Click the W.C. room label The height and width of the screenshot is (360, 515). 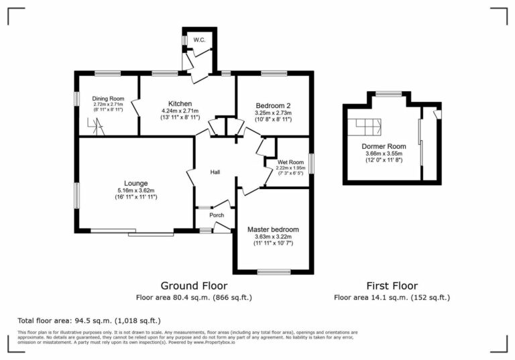click(199, 40)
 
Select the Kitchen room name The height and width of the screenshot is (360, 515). click(180, 103)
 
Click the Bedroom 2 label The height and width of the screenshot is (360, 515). click(273, 106)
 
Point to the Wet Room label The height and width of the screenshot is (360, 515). click(291, 162)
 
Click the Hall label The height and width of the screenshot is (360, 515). click(215, 172)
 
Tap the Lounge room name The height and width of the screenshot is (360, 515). click(135, 183)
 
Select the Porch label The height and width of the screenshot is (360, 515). click(217, 215)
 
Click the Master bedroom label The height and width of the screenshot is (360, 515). click(273, 229)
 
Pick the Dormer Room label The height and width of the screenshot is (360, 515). click(384, 146)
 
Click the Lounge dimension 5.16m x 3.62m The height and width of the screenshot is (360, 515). click(135, 190)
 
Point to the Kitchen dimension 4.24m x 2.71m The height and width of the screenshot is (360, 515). click(180, 111)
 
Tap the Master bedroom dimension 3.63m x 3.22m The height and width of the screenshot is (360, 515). click(273, 237)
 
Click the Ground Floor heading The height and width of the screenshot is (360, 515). click(194, 286)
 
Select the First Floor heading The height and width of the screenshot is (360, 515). click(392, 286)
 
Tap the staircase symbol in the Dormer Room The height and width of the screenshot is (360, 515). click(367, 125)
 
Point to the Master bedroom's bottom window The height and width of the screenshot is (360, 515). click(274, 272)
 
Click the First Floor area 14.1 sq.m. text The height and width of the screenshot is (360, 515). click(392, 297)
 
